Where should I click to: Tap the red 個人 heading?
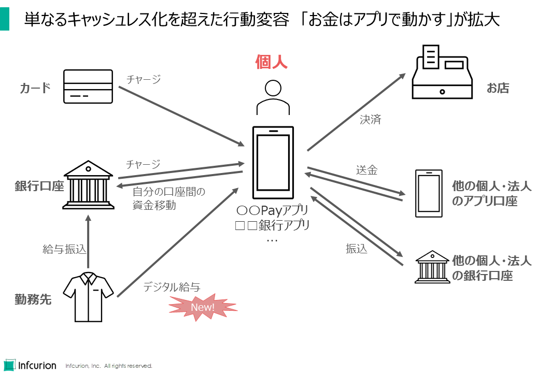coord(271,63)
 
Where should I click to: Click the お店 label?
coord(498,88)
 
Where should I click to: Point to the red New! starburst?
coord(203,307)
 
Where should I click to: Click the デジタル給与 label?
coord(172,286)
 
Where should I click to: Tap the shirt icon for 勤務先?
coord(88,298)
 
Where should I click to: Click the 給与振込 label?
coord(64,249)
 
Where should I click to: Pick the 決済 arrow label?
coord(371,120)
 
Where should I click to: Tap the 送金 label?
coord(366,170)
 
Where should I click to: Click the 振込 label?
coord(357,249)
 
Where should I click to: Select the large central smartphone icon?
coord(273,163)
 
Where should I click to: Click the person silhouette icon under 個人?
coord(273,98)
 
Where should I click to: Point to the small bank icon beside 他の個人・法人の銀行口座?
coord(432,267)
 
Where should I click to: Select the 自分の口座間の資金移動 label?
coord(169,198)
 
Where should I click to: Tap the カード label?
coord(35,88)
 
